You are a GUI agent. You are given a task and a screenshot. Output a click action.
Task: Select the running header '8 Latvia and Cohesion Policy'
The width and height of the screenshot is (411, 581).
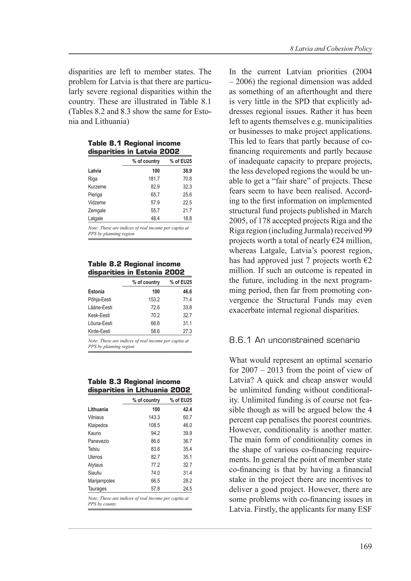tap(331, 49)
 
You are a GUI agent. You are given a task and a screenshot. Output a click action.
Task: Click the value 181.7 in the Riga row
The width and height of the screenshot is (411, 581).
tap(154, 179)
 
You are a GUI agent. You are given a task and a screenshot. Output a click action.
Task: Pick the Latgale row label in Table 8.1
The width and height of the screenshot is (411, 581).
tap(96, 218)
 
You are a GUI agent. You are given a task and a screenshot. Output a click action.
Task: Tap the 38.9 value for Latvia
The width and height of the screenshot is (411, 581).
tap(187, 171)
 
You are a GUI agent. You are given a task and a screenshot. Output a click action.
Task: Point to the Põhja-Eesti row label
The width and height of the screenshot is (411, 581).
tap(100, 300)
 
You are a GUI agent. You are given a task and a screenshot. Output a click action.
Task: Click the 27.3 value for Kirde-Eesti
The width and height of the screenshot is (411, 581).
tap(187, 331)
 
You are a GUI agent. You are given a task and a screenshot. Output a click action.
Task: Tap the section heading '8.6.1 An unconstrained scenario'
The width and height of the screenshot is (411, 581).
tap(294, 340)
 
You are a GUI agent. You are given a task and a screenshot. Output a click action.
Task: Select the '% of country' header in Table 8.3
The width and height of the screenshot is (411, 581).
tap(146, 400)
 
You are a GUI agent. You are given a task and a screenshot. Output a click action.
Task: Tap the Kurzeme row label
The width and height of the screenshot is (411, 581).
tap(97, 187)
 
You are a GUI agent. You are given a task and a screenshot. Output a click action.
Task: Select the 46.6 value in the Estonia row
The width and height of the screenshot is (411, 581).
tap(187, 292)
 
